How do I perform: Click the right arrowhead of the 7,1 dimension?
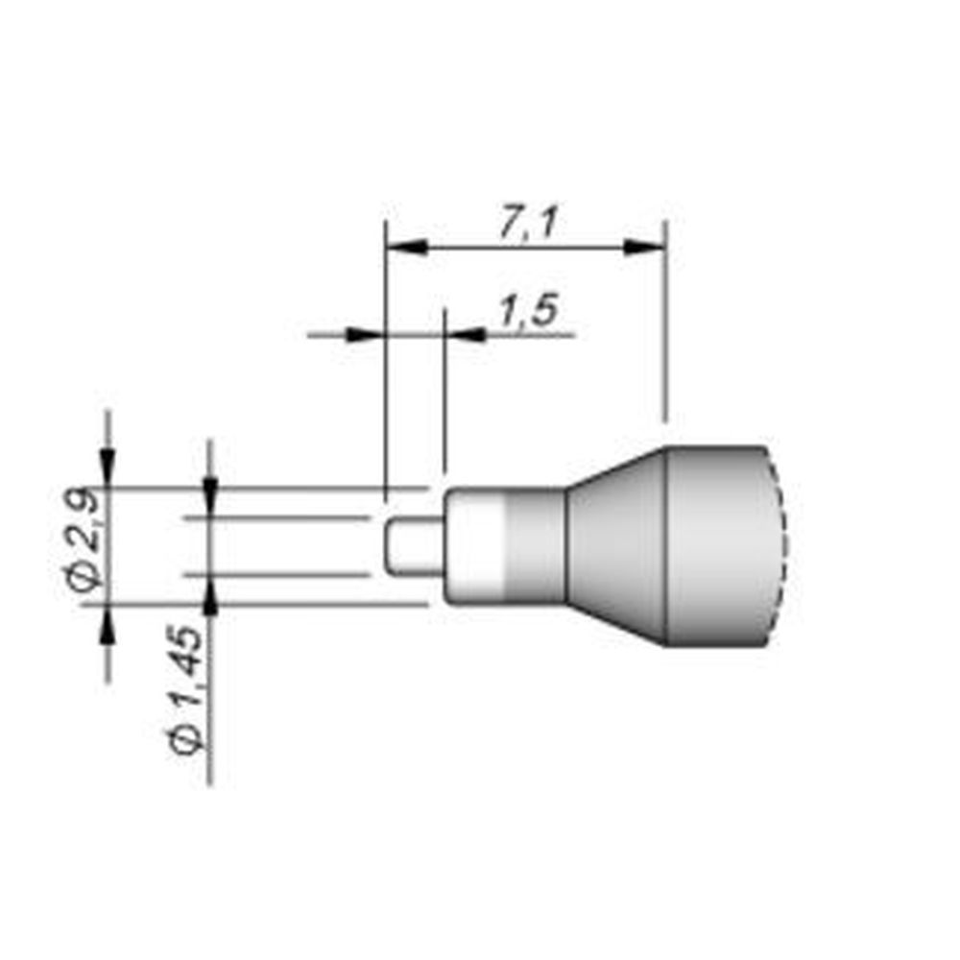click(644, 248)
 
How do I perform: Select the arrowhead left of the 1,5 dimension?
click(363, 335)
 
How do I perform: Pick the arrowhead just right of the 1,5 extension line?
click(465, 335)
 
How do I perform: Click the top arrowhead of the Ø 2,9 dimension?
click(107, 469)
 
